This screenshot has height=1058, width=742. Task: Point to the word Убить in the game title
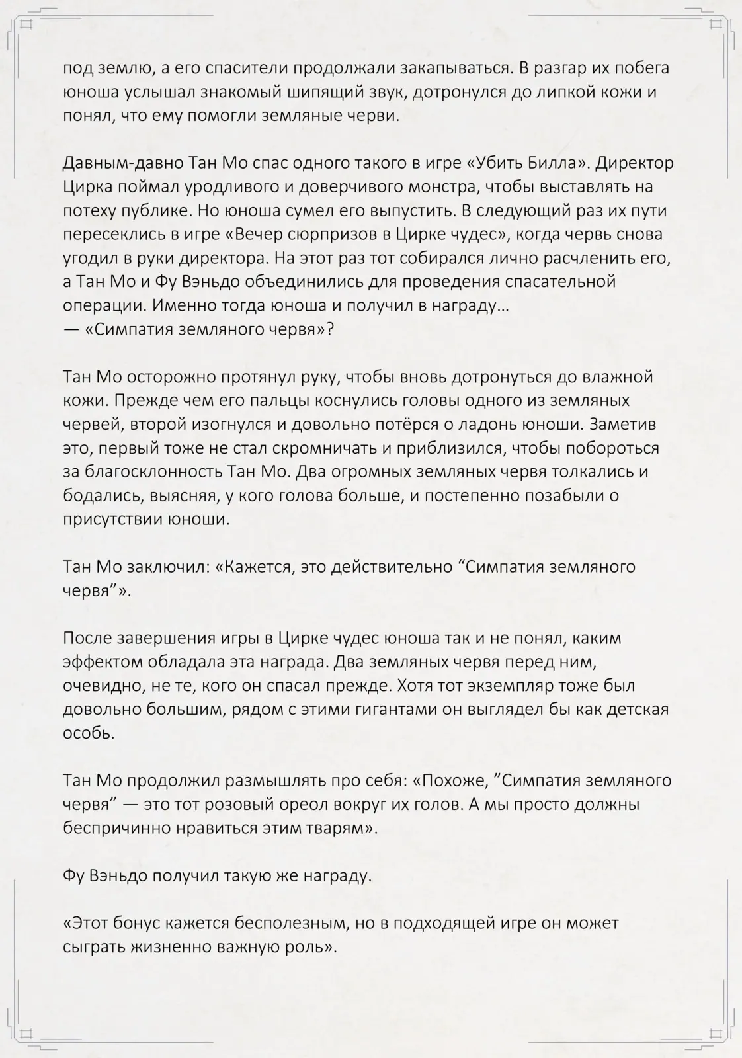[x=526, y=163]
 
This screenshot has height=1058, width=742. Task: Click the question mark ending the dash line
[x=329, y=329]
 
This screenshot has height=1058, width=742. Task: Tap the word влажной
[x=618, y=377]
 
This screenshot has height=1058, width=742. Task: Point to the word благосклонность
[x=154, y=472]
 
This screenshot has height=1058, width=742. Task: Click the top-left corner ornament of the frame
[x=25, y=24]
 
